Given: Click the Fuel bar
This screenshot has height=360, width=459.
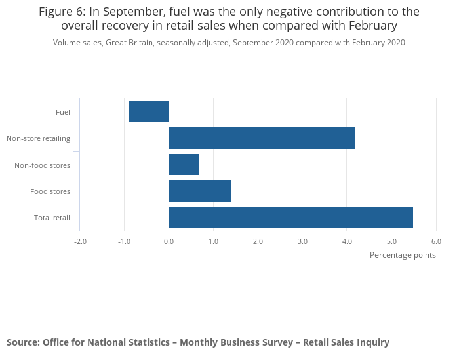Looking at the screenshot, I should tap(149, 111).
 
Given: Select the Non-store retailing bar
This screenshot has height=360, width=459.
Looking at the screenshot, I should tap(262, 138).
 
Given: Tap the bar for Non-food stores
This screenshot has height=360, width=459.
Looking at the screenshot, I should tap(184, 165).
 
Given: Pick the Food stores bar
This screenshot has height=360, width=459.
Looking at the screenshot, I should tap(199, 191).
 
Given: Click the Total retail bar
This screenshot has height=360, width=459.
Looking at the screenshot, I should tap(290, 218).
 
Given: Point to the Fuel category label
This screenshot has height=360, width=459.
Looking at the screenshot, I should tap(63, 112).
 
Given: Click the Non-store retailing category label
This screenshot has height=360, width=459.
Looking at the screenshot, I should tap(38, 138).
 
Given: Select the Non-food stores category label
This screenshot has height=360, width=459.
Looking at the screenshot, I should tap(42, 165).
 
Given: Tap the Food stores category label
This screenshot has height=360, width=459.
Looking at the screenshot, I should tap(50, 191).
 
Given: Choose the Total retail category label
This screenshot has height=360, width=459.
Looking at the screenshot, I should tap(52, 218).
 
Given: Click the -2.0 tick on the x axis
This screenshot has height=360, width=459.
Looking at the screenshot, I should tap(80, 241).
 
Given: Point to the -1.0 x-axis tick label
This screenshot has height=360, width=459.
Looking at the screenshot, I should tap(124, 241).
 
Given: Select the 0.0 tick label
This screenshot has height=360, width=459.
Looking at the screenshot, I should tap(169, 241).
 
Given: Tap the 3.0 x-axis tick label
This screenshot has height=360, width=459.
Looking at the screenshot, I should tap(302, 241).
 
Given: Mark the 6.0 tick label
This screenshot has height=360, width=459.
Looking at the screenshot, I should tap(436, 241).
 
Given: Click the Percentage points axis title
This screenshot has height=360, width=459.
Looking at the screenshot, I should tap(403, 255).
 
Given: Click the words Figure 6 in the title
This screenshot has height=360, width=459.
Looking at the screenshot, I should tap(61, 12).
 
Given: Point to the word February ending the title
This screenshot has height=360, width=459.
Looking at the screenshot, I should tap(373, 26).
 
